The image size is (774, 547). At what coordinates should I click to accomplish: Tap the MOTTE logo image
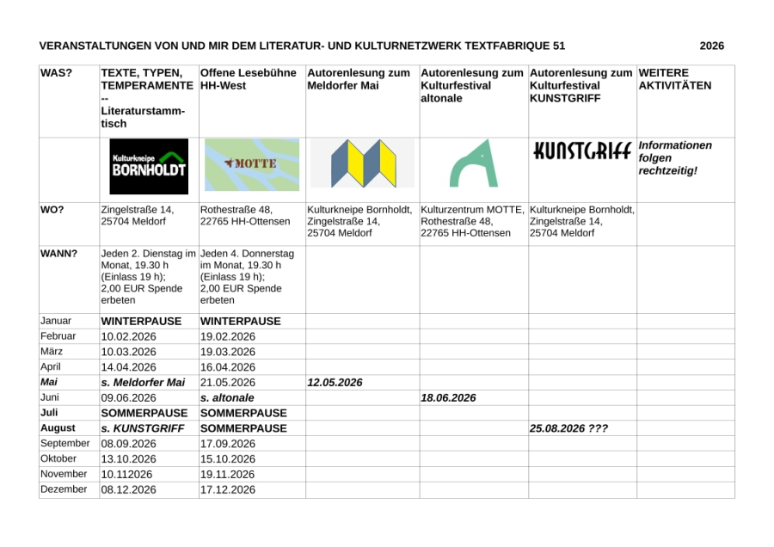[x=252, y=164]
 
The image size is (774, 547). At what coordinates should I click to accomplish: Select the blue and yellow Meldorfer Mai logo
[x=362, y=163]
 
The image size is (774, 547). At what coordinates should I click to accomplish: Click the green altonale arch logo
[x=473, y=163]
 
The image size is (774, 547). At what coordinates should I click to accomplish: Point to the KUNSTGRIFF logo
[x=582, y=152]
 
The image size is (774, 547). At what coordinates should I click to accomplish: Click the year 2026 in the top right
[x=711, y=46]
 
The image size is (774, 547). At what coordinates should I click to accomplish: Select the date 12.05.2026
[x=335, y=383]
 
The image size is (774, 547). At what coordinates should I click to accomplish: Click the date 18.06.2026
[x=448, y=398]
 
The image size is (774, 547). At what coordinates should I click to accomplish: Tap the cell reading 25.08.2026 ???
[x=568, y=428]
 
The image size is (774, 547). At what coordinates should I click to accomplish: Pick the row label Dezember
[x=64, y=489]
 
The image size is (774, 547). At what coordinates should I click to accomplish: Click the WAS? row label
[x=57, y=74]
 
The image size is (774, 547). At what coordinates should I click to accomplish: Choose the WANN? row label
[x=59, y=254]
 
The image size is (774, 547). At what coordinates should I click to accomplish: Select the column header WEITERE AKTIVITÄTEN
[x=675, y=80]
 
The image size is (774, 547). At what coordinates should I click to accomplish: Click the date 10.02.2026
[x=128, y=336]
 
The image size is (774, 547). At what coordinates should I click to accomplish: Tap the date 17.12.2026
[x=227, y=490]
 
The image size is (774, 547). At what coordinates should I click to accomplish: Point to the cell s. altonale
[x=227, y=398]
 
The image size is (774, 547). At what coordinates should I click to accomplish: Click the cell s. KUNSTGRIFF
[x=143, y=428]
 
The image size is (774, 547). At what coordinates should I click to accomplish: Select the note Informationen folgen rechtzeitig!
[x=675, y=158]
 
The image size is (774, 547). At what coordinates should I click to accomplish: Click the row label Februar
[x=58, y=336]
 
